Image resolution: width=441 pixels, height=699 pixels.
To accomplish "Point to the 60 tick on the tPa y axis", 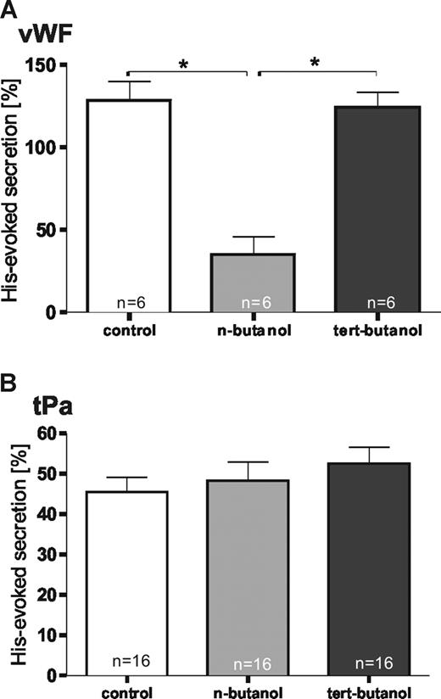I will (x=53, y=434).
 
